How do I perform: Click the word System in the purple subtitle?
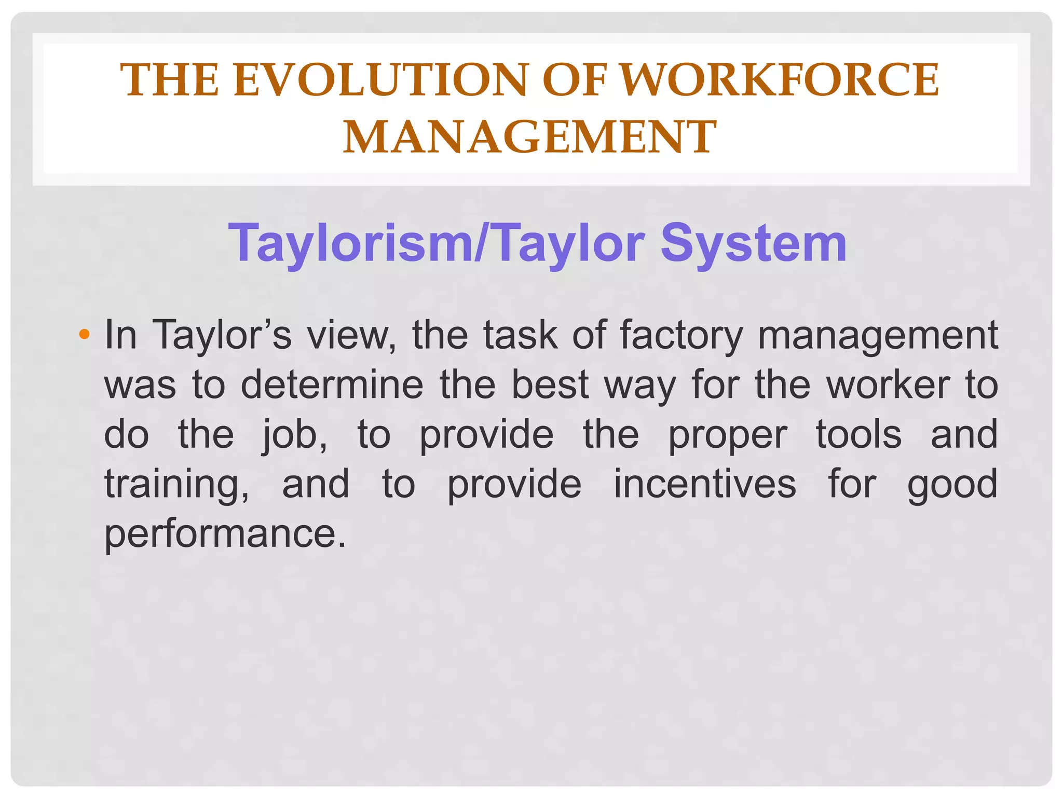[753, 243]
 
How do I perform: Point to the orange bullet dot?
[84, 334]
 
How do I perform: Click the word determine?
[332, 384]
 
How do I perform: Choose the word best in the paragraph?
[550, 384]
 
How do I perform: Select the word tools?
[858, 434]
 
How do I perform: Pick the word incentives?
[704, 484]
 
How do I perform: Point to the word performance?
[225, 534]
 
